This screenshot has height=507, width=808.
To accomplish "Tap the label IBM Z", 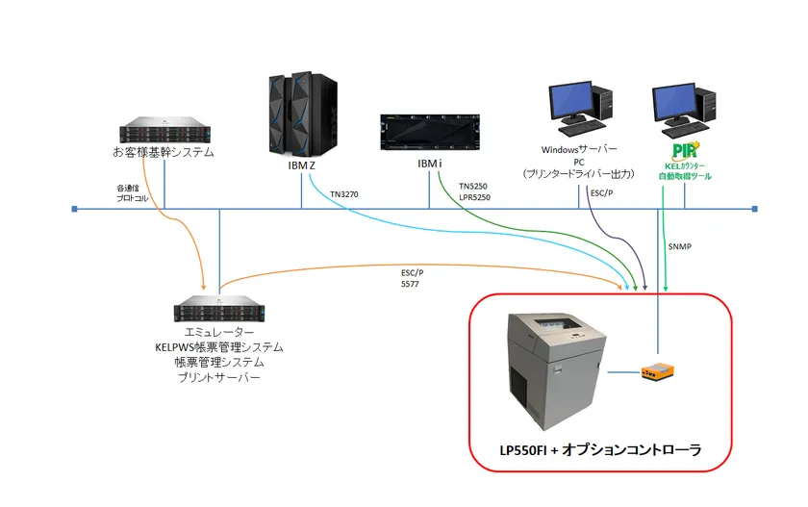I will [x=302, y=165].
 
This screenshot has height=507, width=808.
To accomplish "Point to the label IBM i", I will [x=429, y=165].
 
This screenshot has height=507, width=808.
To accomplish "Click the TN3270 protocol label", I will [x=344, y=193].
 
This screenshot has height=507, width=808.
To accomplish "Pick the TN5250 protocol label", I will [x=473, y=186].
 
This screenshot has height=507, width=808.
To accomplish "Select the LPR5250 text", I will [x=475, y=197].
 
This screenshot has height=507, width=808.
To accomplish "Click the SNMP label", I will [x=680, y=246].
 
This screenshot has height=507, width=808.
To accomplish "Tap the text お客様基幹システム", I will [x=164, y=153].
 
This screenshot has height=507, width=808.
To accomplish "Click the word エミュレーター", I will [x=219, y=332].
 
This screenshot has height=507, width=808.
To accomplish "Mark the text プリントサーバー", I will [x=219, y=377].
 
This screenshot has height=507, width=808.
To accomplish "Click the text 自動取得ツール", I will [x=685, y=177].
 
